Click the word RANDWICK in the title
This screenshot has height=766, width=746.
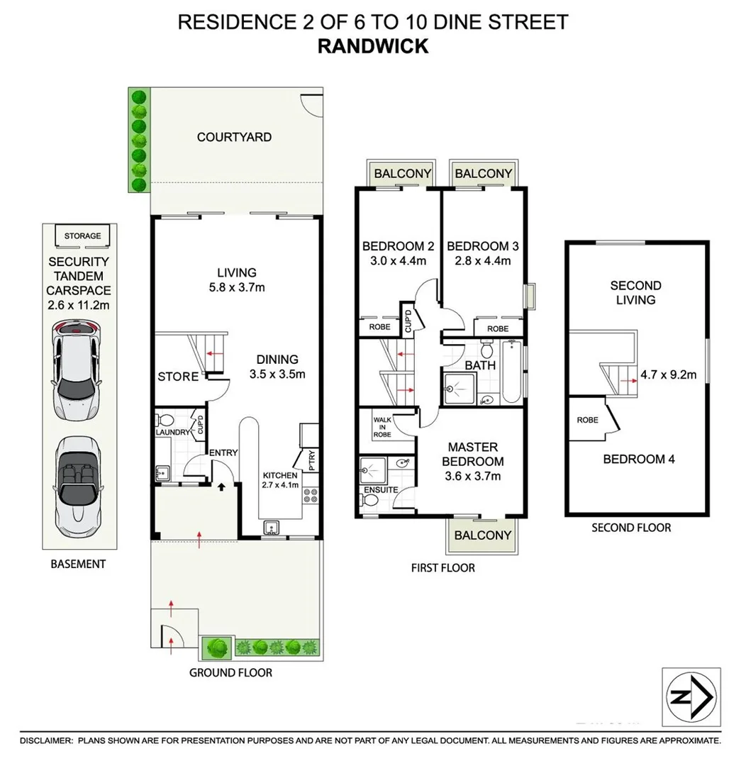[372, 45]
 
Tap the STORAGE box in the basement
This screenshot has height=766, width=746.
[82, 236]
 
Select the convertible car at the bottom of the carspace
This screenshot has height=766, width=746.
[77, 486]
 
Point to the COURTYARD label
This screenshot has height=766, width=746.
[234, 137]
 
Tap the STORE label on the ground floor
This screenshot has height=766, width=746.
[177, 377]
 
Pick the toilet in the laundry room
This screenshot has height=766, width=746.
[163, 419]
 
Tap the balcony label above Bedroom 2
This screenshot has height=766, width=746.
[402, 174]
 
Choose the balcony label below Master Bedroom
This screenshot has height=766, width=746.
[482, 535]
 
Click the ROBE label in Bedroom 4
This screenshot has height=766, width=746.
[587, 420]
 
